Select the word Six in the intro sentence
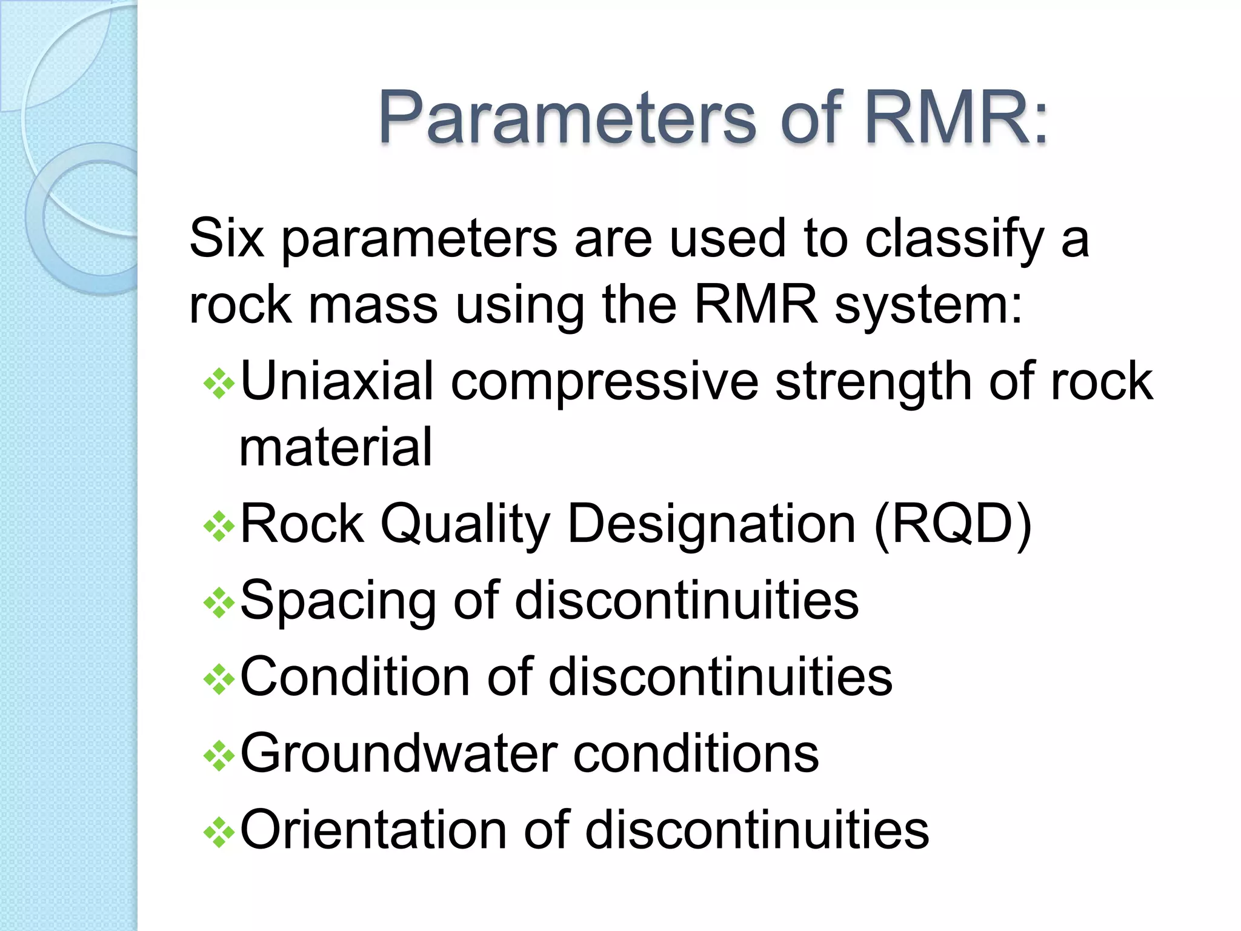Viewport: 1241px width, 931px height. pyautogui.click(x=227, y=238)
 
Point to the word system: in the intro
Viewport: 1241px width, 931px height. pyautogui.click(x=928, y=306)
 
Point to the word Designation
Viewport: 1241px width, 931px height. pyautogui.click(x=711, y=524)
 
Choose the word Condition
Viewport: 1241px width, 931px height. pyautogui.click(x=354, y=676)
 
